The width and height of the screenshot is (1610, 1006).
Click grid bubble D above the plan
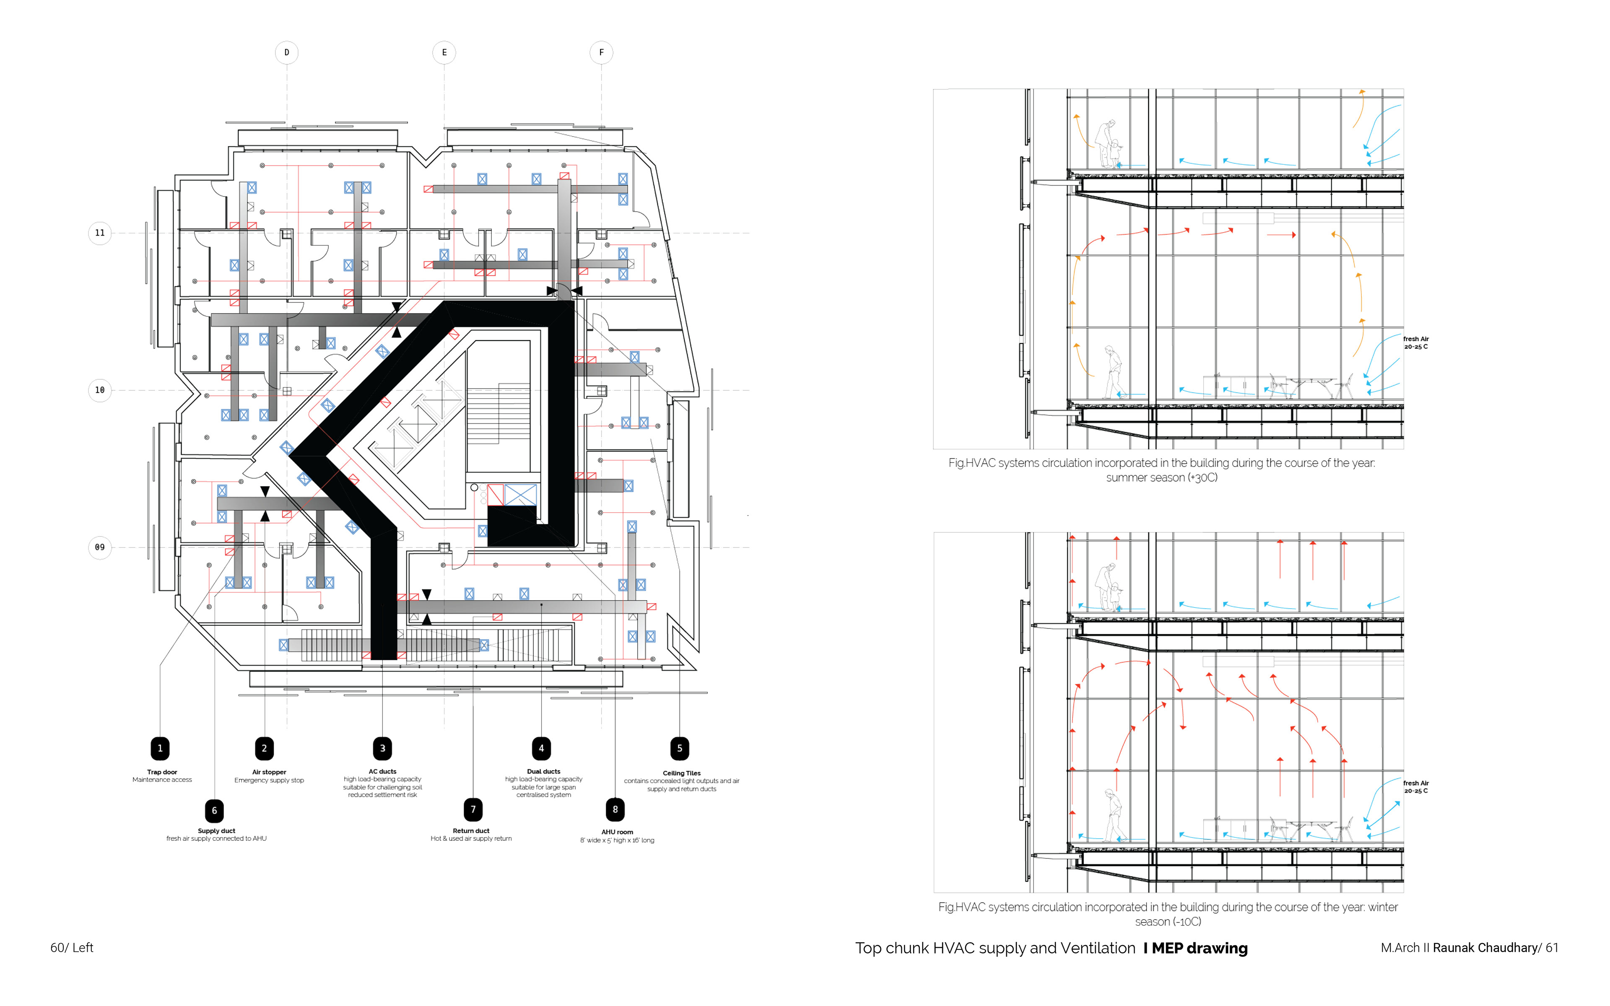(x=287, y=52)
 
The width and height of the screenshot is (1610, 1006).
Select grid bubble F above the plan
(x=601, y=52)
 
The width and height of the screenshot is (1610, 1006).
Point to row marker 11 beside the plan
(x=100, y=233)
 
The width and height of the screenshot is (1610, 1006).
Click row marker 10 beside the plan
(x=100, y=390)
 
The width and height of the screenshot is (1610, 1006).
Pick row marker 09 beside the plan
(x=100, y=547)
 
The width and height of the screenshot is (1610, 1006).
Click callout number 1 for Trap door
(x=160, y=748)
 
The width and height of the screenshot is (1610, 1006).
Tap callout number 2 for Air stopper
(x=264, y=748)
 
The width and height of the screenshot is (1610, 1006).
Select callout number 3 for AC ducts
(x=382, y=748)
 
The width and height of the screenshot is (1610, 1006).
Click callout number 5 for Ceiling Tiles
(x=679, y=748)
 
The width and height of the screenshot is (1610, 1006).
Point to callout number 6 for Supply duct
(x=214, y=810)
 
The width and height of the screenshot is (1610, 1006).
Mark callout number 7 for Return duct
(x=473, y=809)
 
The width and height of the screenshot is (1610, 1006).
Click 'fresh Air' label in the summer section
(x=1416, y=339)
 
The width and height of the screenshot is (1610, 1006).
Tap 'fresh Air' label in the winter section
(x=1416, y=783)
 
